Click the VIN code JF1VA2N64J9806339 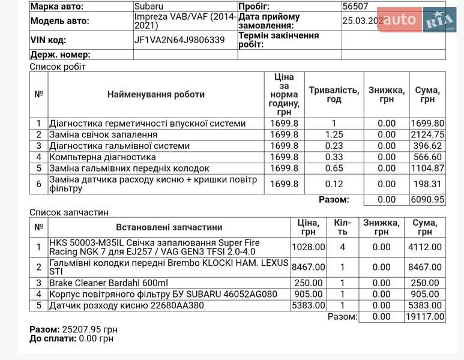179,40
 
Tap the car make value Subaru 148,7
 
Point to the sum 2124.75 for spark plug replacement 427,134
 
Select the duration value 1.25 334,134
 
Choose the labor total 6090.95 427,200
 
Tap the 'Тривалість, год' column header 334,95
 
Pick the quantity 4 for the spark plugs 343,247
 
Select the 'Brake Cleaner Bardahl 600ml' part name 109,283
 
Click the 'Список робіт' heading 58,67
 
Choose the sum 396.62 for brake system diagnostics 427,146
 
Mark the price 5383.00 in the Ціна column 308,305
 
